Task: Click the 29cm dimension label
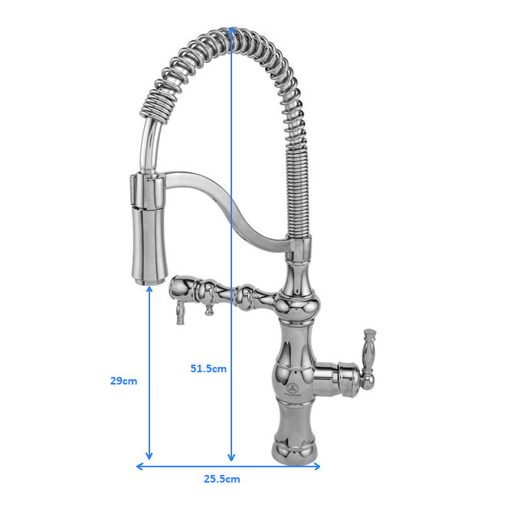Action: coord(123,381)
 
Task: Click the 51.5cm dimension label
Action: coord(208,368)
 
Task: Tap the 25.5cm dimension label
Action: coord(222,479)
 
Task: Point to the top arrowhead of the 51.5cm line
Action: coord(231,30)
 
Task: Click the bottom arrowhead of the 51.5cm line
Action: coord(231,457)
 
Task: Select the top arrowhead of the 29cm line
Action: coord(149,289)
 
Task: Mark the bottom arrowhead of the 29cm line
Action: coord(149,456)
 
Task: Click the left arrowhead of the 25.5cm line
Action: coord(139,467)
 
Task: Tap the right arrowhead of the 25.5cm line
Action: coord(316,467)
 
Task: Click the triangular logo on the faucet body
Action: coord(291,388)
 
